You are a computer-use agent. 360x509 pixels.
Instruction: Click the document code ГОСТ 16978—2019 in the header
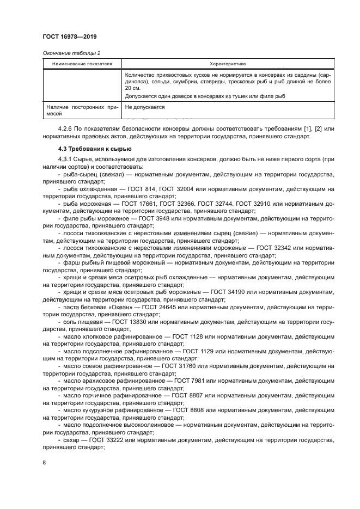70,37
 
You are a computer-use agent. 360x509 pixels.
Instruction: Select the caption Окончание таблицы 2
71,53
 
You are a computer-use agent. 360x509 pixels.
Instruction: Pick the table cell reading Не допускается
145,108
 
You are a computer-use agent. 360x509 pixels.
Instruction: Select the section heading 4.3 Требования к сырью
92,149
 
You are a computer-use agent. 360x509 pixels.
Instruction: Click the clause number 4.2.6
66,128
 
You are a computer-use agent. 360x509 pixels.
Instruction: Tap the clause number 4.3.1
66,158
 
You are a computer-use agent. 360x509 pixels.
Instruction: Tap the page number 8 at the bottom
43,463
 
